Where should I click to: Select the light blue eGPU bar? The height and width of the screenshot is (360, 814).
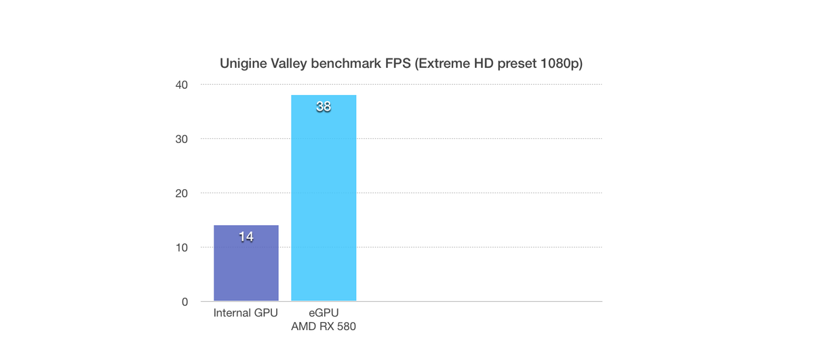(x=324, y=203)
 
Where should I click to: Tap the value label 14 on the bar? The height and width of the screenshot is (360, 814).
(x=246, y=237)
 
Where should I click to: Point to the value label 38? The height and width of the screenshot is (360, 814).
(x=324, y=106)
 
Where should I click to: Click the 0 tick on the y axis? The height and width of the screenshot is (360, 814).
(x=185, y=302)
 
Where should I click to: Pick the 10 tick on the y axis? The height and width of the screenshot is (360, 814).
(x=182, y=247)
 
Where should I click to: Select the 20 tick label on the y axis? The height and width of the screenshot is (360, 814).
(x=182, y=193)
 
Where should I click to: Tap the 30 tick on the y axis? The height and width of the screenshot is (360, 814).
(x=182, y=139)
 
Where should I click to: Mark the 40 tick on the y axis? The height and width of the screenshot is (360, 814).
(x=182, y=85)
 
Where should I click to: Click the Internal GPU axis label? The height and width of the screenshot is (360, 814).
(x=246, y=313)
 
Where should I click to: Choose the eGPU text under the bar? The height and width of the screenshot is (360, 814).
(x=324, y=313)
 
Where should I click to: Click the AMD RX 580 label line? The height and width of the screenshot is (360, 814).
(x=324, y=327)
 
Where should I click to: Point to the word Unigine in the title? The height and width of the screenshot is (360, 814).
(x=241, y=64)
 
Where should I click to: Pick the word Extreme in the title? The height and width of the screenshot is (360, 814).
(x=444, y=64)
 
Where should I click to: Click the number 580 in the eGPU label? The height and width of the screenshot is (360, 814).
(x=346, y=327)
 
